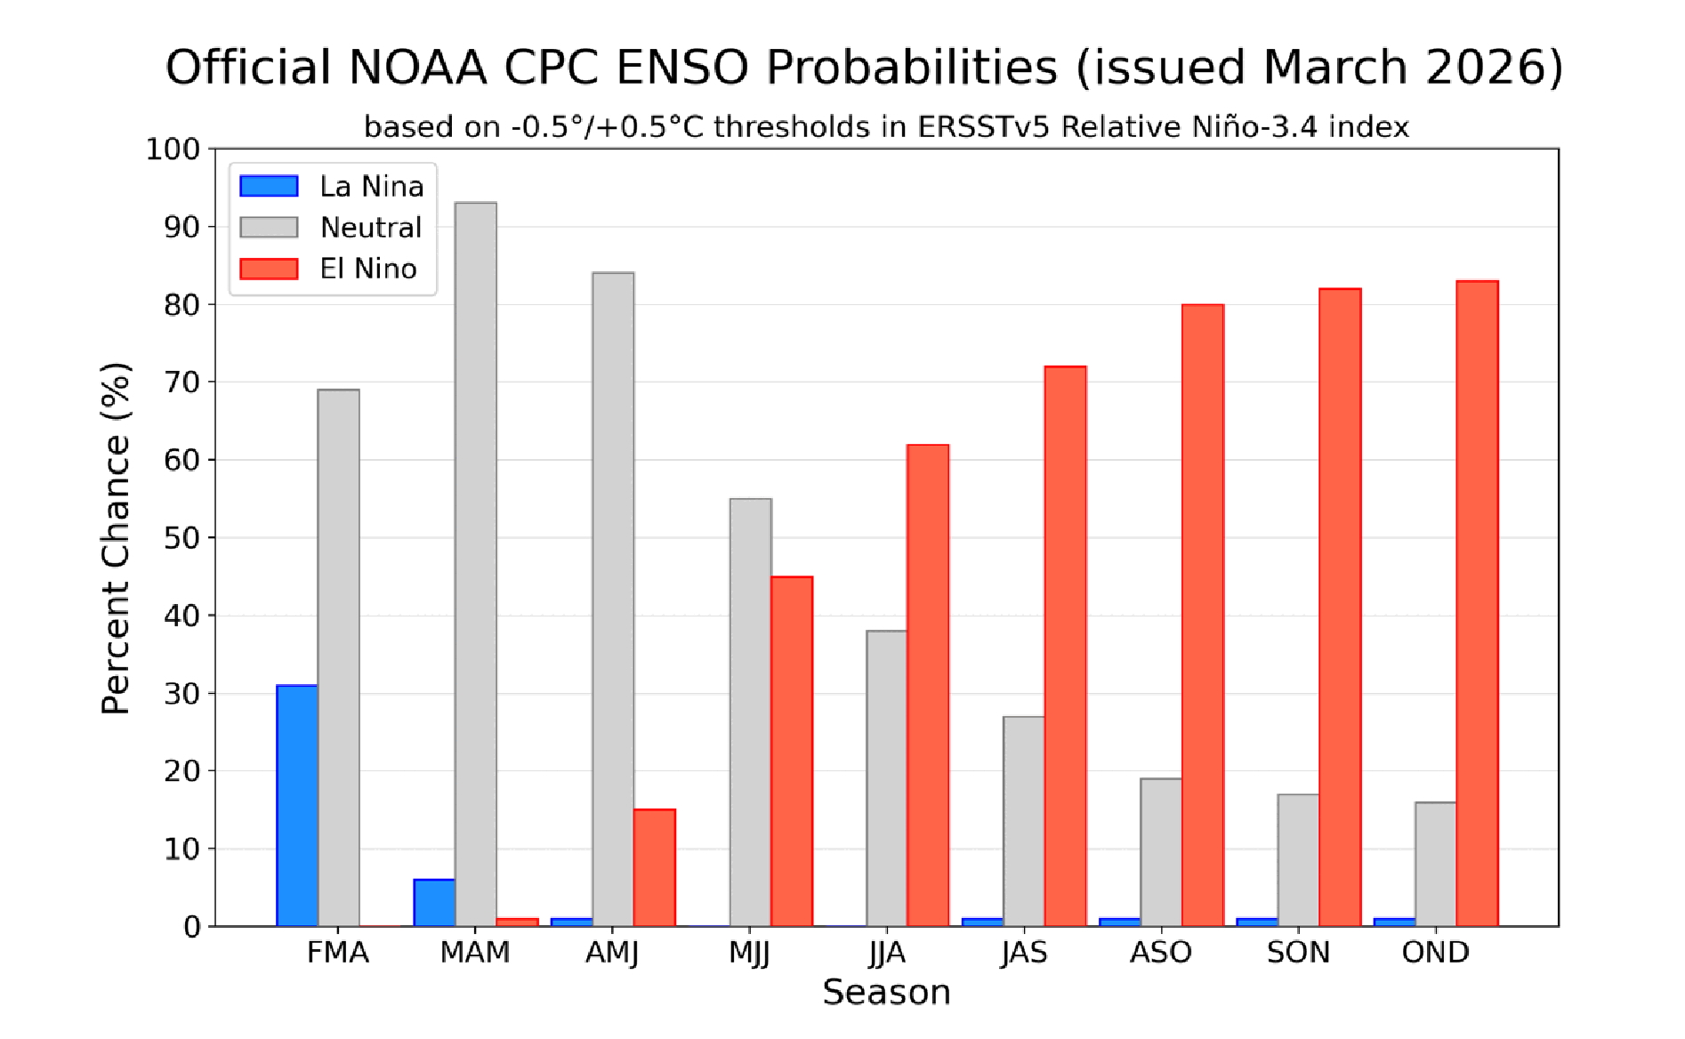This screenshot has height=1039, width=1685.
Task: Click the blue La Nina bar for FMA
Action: [x=297, y=805]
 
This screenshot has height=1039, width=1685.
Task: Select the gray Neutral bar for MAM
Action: [x=476, y=565]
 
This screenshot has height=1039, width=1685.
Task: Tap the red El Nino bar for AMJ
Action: [x=655, y=867]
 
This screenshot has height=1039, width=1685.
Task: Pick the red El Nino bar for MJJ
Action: [x=792, y=752]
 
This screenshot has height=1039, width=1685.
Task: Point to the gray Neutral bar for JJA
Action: [x=887, y=778]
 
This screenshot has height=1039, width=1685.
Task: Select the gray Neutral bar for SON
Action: [x=1299, y=860]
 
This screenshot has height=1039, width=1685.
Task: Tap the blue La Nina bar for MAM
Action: [x=434, y=903]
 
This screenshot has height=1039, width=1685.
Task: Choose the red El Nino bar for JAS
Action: [x=1066, y=646]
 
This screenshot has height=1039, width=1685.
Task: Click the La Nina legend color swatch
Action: [x=269, y=186]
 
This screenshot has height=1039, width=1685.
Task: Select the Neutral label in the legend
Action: [x=371, y=228]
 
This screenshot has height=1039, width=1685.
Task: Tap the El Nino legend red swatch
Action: [x=269, y=269]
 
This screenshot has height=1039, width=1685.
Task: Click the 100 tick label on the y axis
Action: [x=173, y=149]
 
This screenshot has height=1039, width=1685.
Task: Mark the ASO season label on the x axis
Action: [x=1161, y=953]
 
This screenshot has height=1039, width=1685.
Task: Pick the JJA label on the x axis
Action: [x=887, y=953]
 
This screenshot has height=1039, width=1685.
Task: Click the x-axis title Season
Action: [x=886, y=992]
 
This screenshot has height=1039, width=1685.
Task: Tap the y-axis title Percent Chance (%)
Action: [x=116, y=537]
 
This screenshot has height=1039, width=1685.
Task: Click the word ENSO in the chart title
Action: [x=681, y=68]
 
